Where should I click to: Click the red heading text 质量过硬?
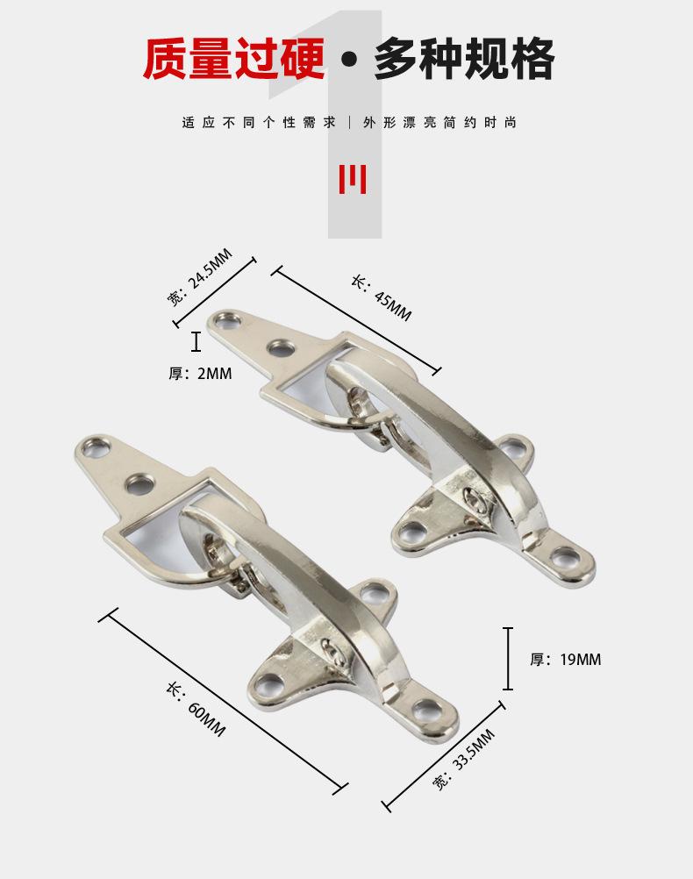pos(234,59)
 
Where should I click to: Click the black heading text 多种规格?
pos(464,59)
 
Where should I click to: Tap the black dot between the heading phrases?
pos(349,60)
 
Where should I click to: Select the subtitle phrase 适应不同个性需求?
pos(259,122)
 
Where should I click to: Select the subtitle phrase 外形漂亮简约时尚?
pos(439,122)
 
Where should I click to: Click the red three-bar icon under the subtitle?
pos(353,179)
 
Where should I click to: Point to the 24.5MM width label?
pos(199,277)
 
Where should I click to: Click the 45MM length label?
pos(382,298)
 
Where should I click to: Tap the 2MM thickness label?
pos(200,374)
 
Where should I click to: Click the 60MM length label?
pos(196,709)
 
